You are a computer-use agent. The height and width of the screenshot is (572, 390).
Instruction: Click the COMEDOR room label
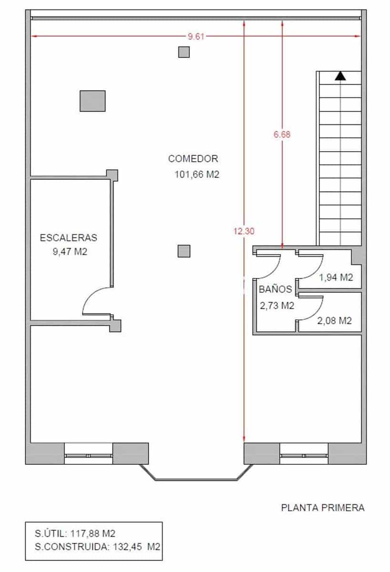(x=193, y=159)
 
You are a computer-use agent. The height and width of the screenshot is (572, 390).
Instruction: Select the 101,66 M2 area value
(x=197, y=174)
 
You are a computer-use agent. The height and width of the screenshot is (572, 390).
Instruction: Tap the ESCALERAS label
(x=69, y=237)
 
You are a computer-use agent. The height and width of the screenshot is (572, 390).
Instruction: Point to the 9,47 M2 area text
(x=70, y=252)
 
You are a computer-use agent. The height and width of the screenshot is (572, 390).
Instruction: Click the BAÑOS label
(x=275, y=289)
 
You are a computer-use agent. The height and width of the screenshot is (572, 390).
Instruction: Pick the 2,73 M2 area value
(x=277, y=306)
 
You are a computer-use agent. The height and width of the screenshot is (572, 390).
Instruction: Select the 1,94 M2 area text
(x=336, y=277)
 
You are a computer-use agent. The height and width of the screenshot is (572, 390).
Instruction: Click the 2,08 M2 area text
(x=334, y=321)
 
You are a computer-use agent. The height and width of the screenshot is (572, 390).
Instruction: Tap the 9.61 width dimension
(x=196, y=36)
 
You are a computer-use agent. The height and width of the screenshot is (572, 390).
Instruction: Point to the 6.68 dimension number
(x=282, y=134)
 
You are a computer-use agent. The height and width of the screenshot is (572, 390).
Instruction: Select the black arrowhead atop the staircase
(x=340, y=76)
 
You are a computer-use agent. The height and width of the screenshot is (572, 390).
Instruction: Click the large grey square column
(x=92, y=101)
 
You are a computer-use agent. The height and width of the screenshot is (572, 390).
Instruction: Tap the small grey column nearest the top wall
(x=184, y=52)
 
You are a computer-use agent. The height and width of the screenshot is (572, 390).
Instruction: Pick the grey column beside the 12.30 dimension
(x=184, y=251)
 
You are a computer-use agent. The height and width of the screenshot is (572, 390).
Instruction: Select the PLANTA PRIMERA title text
(x=323, y=508)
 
